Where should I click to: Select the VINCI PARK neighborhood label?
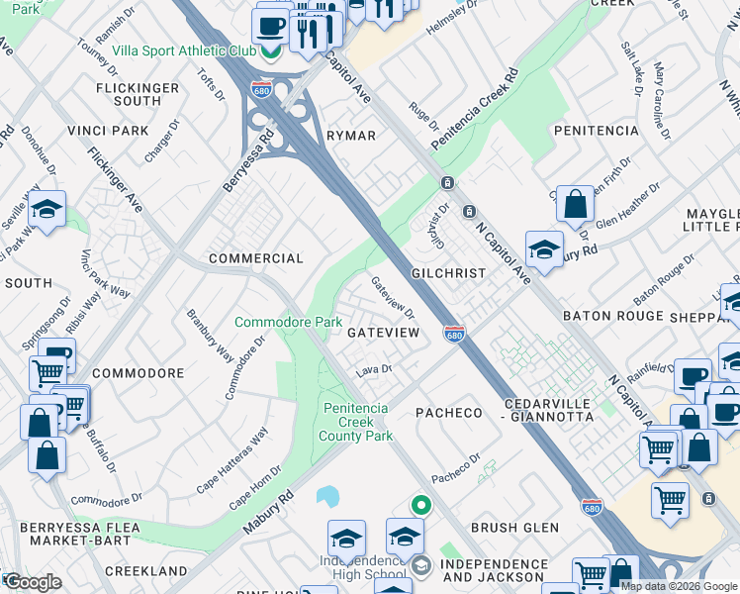click(108, 131)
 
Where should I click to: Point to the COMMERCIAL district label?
click(255, 258)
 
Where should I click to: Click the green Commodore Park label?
click(288, 322)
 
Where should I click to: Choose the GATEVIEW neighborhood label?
click(384, 334)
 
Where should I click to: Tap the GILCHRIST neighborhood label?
click(449, 272)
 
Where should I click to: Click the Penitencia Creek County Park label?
click(358, 422)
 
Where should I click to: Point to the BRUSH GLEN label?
click(514, 528)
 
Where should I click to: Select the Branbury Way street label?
click(211, 338)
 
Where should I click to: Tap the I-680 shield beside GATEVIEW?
click(454, 335)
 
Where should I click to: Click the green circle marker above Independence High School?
click(421, 505)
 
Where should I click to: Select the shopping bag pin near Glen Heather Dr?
click(575, 205)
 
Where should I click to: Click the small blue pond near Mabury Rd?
click(327, 495)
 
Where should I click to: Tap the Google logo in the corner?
click(32, 582)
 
